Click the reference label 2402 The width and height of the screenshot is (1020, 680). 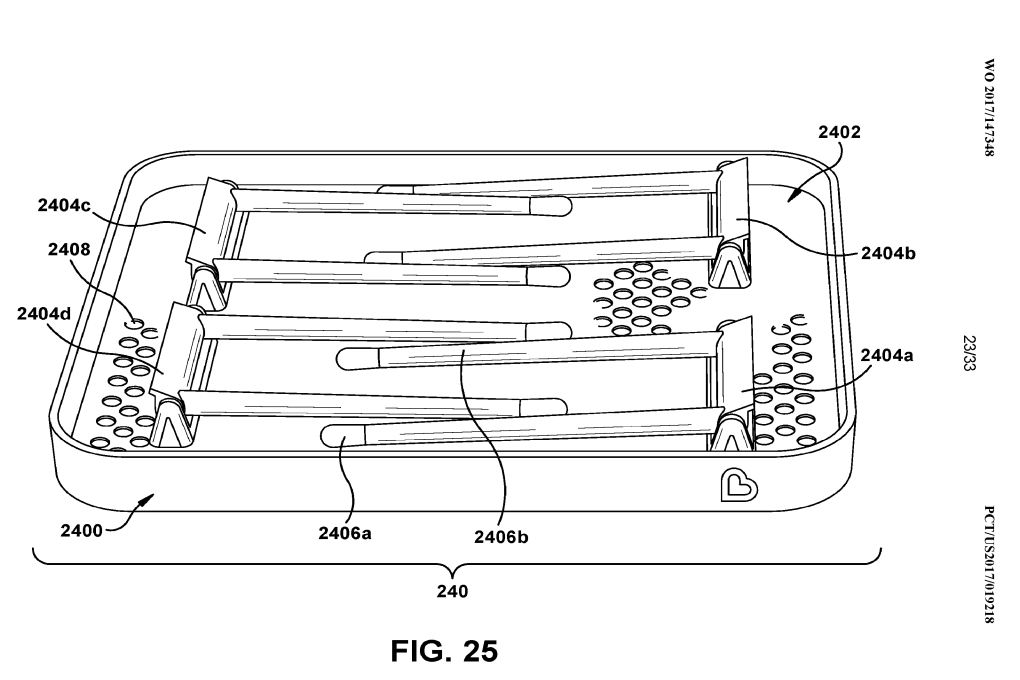coord(838,131)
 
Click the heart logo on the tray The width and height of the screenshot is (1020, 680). coord(739,486)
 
